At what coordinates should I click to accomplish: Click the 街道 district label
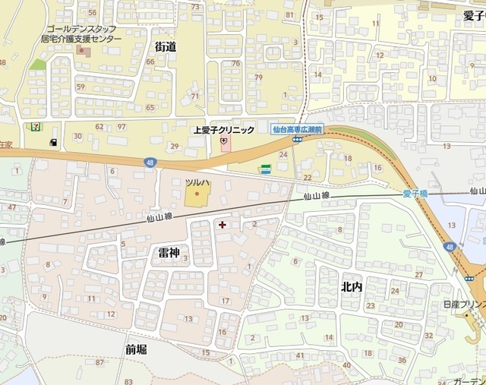coord(166,47)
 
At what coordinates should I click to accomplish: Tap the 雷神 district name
coord(169,252)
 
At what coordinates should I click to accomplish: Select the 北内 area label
coord(352,286)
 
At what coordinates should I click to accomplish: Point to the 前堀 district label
coord(137,349)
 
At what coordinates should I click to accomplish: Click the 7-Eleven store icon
coord(34,125)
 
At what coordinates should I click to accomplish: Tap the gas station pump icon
coord(53,142)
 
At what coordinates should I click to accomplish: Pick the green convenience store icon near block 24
coord(266,169)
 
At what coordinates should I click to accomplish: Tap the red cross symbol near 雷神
coord(222,225)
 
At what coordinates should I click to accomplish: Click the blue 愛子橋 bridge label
coord(415,194)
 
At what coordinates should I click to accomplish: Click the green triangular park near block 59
coord(38,65)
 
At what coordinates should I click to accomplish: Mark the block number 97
coord(121,126)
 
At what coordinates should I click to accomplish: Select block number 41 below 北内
coord(300,355)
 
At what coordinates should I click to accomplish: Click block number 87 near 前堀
coord(100,362)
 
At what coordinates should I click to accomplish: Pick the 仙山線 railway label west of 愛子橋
coord(316,196)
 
